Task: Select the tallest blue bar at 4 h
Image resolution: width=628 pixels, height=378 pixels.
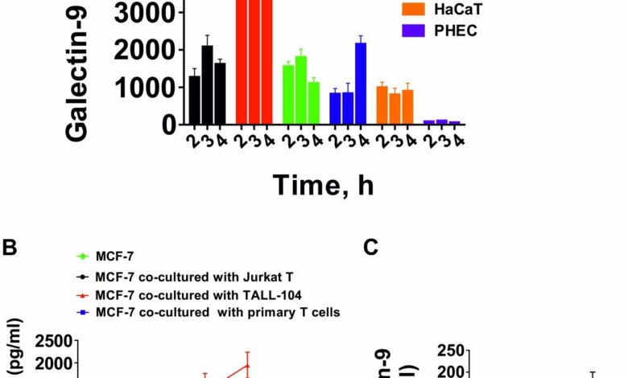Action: point(361,84)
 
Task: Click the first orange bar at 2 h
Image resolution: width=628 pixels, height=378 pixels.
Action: point(382,105)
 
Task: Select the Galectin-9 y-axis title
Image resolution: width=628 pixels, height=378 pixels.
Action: point(77,72)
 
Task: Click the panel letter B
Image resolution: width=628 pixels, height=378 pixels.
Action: point(10,249)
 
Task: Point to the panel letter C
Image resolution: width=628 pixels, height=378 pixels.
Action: point(370,249)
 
